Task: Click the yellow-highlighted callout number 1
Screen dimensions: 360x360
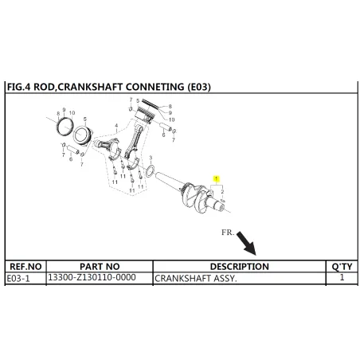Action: (217, 179)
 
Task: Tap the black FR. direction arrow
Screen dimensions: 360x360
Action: (246, 243)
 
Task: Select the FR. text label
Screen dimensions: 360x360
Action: (228, 233)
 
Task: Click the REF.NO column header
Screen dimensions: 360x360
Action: (25, 267)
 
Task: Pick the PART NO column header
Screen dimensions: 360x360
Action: (100, 267)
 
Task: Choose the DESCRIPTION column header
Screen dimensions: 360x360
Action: (240, 267)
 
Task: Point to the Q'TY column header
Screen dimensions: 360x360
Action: (342, 267)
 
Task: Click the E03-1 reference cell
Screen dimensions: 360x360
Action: (18, 279)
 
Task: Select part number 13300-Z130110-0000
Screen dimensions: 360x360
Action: (92, 277)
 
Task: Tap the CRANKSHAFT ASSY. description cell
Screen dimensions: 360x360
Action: (195, 279)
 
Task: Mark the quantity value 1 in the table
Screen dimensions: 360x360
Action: (342, 277)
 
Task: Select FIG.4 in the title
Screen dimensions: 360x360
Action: (19, 87)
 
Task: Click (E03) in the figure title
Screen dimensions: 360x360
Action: (199, 87)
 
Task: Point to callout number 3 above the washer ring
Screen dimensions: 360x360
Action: (151, 158)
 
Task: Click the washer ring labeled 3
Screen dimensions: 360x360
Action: (151, 171)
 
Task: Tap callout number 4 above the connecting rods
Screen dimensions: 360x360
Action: (116, 126)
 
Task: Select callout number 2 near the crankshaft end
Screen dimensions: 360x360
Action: (222, 191)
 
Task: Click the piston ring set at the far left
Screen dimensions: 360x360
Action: (65, 126)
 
